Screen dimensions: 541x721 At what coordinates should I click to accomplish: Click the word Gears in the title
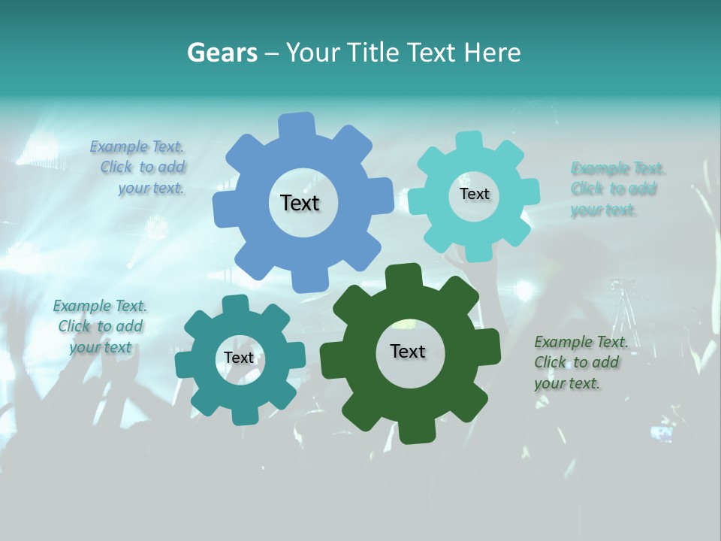click(222, 53)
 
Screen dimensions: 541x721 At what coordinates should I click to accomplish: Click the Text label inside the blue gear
click(300, 203)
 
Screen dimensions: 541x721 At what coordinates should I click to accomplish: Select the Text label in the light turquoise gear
click(474, 194)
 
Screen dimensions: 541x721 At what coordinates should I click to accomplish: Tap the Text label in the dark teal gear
click(239, 358)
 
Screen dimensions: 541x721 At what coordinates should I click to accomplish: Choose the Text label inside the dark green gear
click(408, 351)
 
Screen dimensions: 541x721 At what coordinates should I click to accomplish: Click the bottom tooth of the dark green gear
click(415, 431)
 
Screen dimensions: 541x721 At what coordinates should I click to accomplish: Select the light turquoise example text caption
click(617, 189)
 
